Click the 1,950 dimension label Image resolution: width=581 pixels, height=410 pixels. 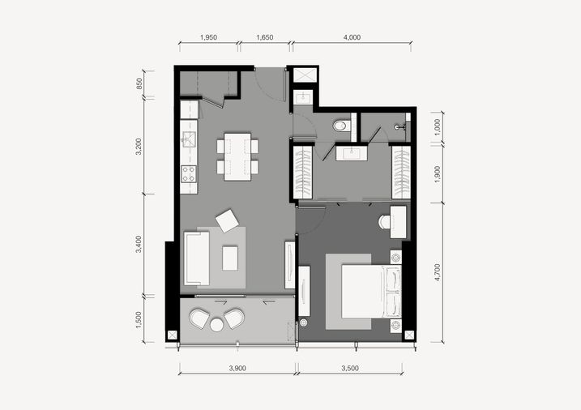208,37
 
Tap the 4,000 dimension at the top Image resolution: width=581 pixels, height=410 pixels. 352,37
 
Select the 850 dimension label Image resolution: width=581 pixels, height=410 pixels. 139,83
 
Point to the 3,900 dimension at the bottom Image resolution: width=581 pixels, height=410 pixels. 237,368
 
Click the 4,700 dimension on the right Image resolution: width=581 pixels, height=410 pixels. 438,272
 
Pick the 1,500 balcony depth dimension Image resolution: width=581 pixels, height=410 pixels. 139,319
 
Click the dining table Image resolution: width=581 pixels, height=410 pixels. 237,156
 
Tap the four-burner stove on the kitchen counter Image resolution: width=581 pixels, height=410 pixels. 188,173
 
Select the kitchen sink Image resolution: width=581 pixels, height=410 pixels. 189,139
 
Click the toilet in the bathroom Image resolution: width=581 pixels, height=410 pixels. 342,126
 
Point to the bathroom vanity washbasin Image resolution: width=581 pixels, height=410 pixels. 352,153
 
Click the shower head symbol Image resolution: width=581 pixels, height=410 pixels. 400,127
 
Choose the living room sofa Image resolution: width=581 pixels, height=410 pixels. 196,258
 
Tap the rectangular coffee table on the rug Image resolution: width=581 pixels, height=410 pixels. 230,258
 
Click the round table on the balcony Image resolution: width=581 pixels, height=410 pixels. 217,325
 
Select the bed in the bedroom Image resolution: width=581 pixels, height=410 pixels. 371,291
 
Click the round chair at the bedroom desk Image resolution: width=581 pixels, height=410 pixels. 384,222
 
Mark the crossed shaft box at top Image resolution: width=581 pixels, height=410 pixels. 305,75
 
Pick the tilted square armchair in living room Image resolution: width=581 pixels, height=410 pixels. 227,220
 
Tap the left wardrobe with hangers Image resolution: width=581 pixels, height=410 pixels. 303,173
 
